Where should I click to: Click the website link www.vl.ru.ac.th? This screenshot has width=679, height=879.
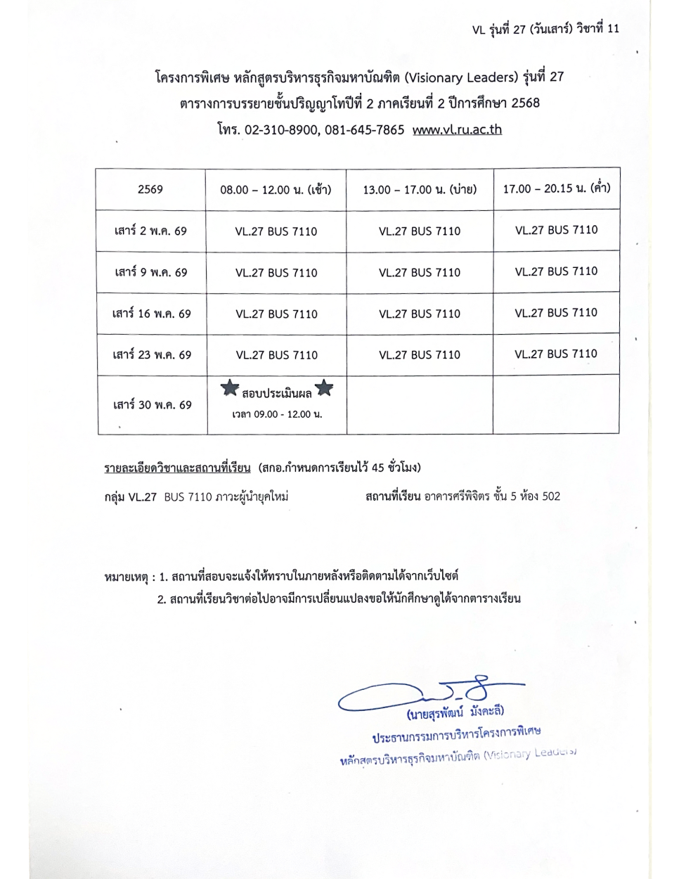click(457, 130)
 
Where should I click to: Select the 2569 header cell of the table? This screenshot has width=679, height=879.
click(150, 189)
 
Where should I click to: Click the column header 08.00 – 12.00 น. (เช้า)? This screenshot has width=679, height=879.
click(276, 189)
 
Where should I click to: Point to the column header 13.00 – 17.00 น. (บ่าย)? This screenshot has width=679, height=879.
click(420, 189)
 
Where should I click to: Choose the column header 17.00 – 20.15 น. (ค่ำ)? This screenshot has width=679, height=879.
click(556, 188)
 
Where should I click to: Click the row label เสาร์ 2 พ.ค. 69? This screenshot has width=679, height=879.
click(150, 231)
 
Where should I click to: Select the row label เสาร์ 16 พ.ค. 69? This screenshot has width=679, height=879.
click(151, 314)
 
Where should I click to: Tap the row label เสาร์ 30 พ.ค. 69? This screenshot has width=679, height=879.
click(152, 405)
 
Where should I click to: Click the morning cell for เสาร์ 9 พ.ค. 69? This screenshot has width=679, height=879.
click(276, 273)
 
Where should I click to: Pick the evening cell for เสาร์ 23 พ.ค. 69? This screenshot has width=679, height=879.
click(556, 354)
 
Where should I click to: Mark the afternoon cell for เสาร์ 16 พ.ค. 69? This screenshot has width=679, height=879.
click(420, 314)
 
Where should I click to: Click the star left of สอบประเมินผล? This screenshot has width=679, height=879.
click(230, 388)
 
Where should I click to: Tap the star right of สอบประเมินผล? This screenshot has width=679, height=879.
click(324, 388)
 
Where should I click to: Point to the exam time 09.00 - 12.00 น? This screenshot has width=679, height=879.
click(277, 415)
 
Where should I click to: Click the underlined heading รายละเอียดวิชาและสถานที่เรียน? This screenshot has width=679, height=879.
click(177, 468)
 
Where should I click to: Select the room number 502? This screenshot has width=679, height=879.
click(551, 496)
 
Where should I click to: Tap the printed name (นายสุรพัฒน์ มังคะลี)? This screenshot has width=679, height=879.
click(455, 713)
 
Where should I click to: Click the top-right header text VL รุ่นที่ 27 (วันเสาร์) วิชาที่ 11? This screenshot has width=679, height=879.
click(545, 29)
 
